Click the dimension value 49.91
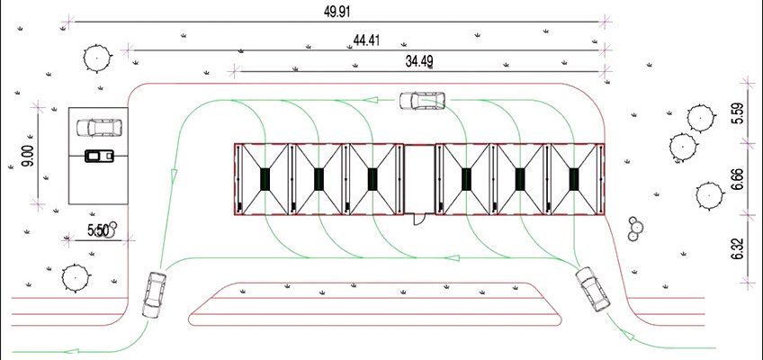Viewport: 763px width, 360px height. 337,13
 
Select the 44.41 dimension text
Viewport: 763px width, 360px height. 366,40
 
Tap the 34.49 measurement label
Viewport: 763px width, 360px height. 419,61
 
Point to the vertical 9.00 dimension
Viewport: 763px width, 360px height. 28,157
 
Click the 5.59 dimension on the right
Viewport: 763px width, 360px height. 738,114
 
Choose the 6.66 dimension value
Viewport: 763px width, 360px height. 738,179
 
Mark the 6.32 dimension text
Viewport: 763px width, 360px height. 738,248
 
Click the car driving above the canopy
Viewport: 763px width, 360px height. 422,101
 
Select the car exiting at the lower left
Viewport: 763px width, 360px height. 154,295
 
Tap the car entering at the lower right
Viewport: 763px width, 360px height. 593,289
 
